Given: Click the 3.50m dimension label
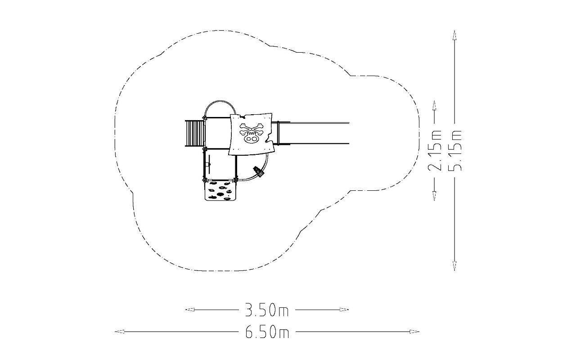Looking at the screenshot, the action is pos(267,310).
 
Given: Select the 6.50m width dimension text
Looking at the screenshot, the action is pos(267,332).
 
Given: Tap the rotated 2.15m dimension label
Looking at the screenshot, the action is pos(435,151).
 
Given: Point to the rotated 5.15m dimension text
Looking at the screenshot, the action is pos(454,151).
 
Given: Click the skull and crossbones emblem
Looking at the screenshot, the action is pos(252,133).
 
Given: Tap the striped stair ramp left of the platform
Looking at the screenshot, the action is pos(194,133).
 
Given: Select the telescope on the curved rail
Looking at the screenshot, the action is pos(259,171).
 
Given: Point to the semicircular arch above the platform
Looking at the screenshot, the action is pos(220,101).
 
